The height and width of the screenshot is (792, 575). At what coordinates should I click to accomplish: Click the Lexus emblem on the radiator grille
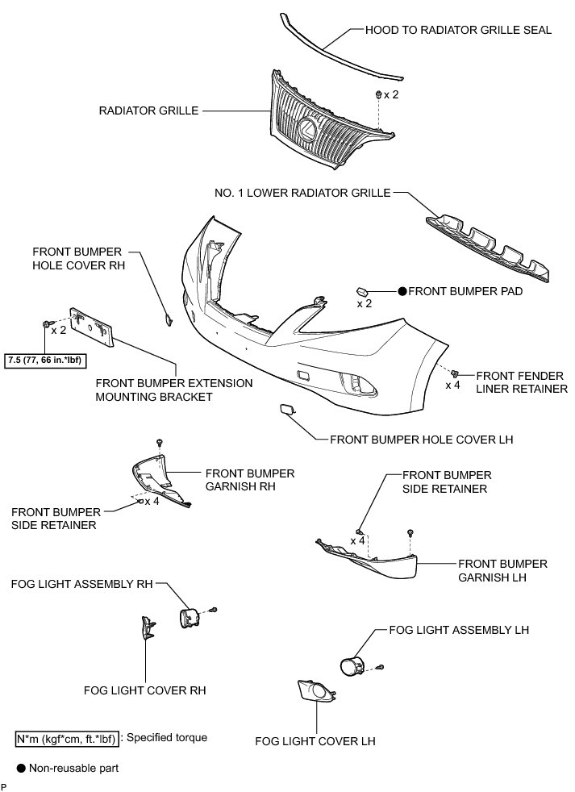(307, 128)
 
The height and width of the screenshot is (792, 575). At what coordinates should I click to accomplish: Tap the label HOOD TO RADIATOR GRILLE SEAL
(458, 31)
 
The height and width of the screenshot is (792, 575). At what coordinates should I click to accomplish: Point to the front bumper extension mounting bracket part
(94, 326)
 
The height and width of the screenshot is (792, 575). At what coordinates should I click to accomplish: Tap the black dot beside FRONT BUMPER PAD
(401, 290)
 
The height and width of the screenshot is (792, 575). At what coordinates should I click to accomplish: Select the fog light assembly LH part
(352, 666)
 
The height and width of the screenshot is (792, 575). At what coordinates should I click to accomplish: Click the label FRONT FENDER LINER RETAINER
(521, 381)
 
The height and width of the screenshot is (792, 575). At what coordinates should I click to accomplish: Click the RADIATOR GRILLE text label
(148, 110)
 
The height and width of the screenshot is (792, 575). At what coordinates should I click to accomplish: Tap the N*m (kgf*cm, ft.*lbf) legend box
(66, 737)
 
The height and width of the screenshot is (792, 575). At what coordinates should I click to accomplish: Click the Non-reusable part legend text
(73, 768)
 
